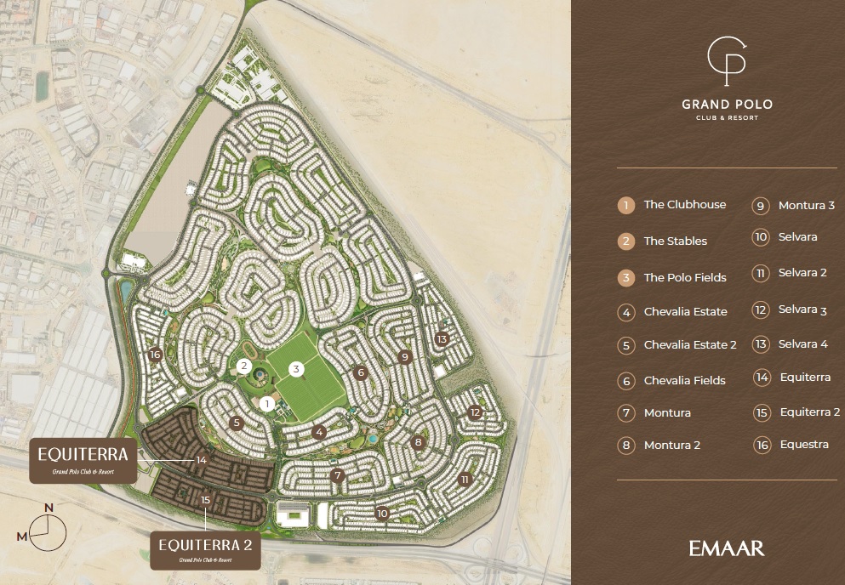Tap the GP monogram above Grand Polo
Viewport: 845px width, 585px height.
tap(726, 62)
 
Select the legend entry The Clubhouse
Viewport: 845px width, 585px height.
tap(684, 205)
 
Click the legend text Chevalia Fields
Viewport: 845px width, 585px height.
tap(684, 380)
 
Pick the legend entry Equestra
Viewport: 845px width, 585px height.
tap(803, 445)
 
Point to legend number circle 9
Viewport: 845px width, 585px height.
tap(762, 206)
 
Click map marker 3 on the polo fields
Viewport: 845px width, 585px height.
tap(296, 369)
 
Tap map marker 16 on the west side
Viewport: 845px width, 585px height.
tap(154, 355)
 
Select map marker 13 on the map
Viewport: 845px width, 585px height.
tap(441, 338)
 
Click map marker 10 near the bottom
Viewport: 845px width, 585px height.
tap(382, 514)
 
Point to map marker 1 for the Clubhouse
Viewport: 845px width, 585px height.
tap(267, 404)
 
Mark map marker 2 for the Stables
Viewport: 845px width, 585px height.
tap(243, 367)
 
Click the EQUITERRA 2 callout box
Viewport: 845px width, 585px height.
tap(205, 548)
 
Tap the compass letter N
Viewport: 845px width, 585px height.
tap(49, 508)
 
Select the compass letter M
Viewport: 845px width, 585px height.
tap(22, 536)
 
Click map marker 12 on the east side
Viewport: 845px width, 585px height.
tap(476, 412)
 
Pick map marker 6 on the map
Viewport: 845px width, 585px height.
tap(361, 372)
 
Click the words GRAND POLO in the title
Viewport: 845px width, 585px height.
tap(727, 105)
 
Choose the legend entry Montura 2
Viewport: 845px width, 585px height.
tap(671, 445)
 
